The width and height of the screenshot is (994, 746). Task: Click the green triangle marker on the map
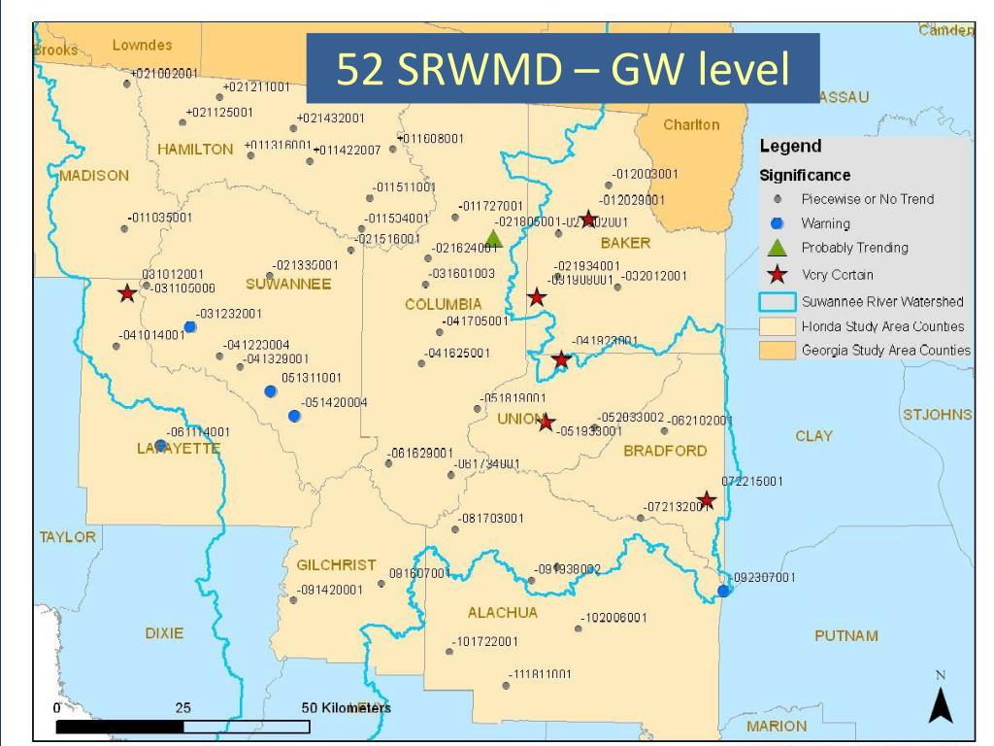click(x=493, y=238)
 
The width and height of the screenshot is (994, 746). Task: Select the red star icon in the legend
click(x=777, y=274)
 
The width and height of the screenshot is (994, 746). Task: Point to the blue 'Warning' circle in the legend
click(x=777, y=223)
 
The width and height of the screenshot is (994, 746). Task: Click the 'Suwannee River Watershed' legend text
click(x=881, y=301)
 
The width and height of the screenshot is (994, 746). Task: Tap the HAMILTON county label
click(x=195, y=150)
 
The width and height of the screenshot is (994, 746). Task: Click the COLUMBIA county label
click(x=443, y=304)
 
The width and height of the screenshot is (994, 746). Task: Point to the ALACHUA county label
click(x=502, y=613)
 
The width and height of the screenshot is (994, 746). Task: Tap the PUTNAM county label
click(x=846, y=635)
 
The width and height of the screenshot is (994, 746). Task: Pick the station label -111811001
click(x=542, y=674)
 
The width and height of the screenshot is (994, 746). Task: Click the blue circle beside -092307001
click(x=723, y=591)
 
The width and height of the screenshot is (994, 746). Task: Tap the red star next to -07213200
click(x=707, y=500)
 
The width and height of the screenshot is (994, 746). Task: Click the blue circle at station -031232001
click(x=190, y=326)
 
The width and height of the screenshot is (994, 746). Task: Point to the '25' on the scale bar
click(x=182, y=708)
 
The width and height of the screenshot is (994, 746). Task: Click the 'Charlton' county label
click(x=691, y=125)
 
